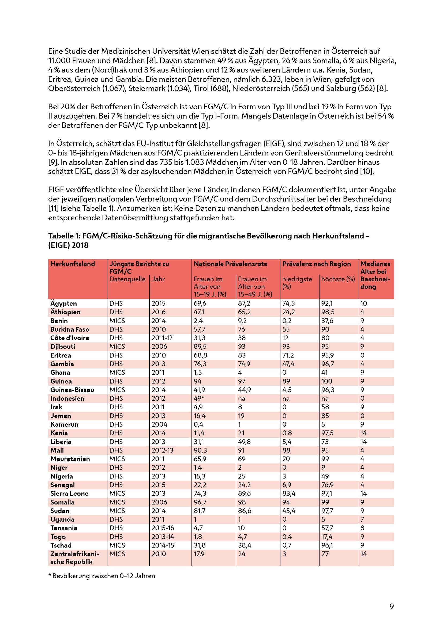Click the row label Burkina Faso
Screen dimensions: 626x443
(x=70, y=329)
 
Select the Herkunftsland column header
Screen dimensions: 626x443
(x=73, y=264)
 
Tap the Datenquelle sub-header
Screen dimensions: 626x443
(x=127, y=279)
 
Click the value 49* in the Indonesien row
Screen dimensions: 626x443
(x=199, y=398)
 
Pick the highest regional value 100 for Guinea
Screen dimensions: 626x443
(x=326, y=381)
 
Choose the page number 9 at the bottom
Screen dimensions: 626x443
(x=392, y=606)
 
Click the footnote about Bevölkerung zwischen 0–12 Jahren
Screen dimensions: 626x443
(x=102, y=576)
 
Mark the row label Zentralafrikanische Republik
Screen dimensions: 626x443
(x=74, y=557)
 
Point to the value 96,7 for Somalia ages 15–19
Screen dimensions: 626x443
(x=200, y=502)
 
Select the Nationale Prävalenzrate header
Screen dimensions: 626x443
(x=230, y=264)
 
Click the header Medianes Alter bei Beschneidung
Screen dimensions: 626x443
(x=375, y=275)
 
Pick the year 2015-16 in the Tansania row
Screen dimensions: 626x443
(x=163, y=528)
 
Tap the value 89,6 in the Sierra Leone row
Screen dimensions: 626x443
(x=244, y=493)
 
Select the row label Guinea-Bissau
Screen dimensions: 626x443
(x=72, y=390)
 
